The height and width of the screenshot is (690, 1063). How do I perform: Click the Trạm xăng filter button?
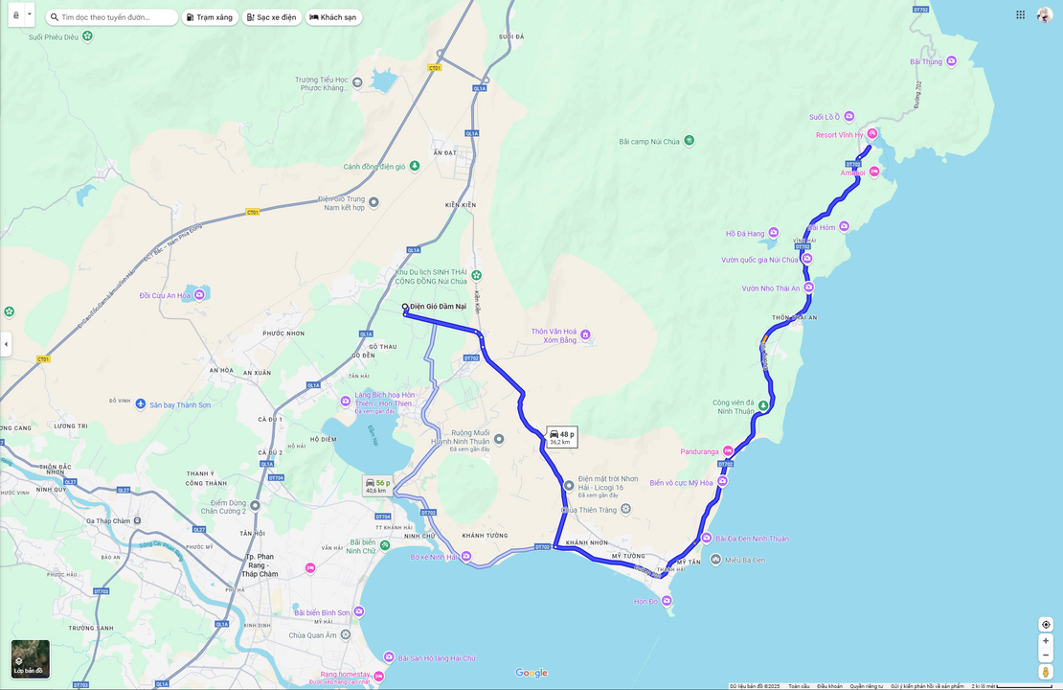[210, 17]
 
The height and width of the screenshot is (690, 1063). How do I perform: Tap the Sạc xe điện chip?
[272, 17]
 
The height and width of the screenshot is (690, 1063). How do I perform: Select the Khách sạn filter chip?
[333, 17]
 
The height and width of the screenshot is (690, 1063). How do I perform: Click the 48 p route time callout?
[562, 437]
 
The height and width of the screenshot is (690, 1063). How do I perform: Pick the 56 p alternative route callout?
[377, 486]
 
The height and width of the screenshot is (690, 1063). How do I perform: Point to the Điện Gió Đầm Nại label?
[438, 307]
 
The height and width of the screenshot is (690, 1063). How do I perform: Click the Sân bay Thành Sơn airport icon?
[141, 404]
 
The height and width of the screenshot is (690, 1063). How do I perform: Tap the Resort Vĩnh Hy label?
[839, 135]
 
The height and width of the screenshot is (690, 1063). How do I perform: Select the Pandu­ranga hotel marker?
[728, 451]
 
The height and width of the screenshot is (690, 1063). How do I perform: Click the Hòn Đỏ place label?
[646, 602]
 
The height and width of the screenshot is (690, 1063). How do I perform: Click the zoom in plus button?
[1046, 640]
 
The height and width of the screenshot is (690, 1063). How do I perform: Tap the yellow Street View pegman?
[1046, 672]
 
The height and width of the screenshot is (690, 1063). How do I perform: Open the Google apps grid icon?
[1020, 14]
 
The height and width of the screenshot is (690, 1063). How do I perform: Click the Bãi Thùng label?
[926, 61]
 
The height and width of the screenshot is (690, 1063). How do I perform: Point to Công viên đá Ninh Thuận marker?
[763, 405]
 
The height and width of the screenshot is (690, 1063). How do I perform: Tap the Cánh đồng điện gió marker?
[414, 166]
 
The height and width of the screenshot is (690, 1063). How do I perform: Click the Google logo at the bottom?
[531, 673]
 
